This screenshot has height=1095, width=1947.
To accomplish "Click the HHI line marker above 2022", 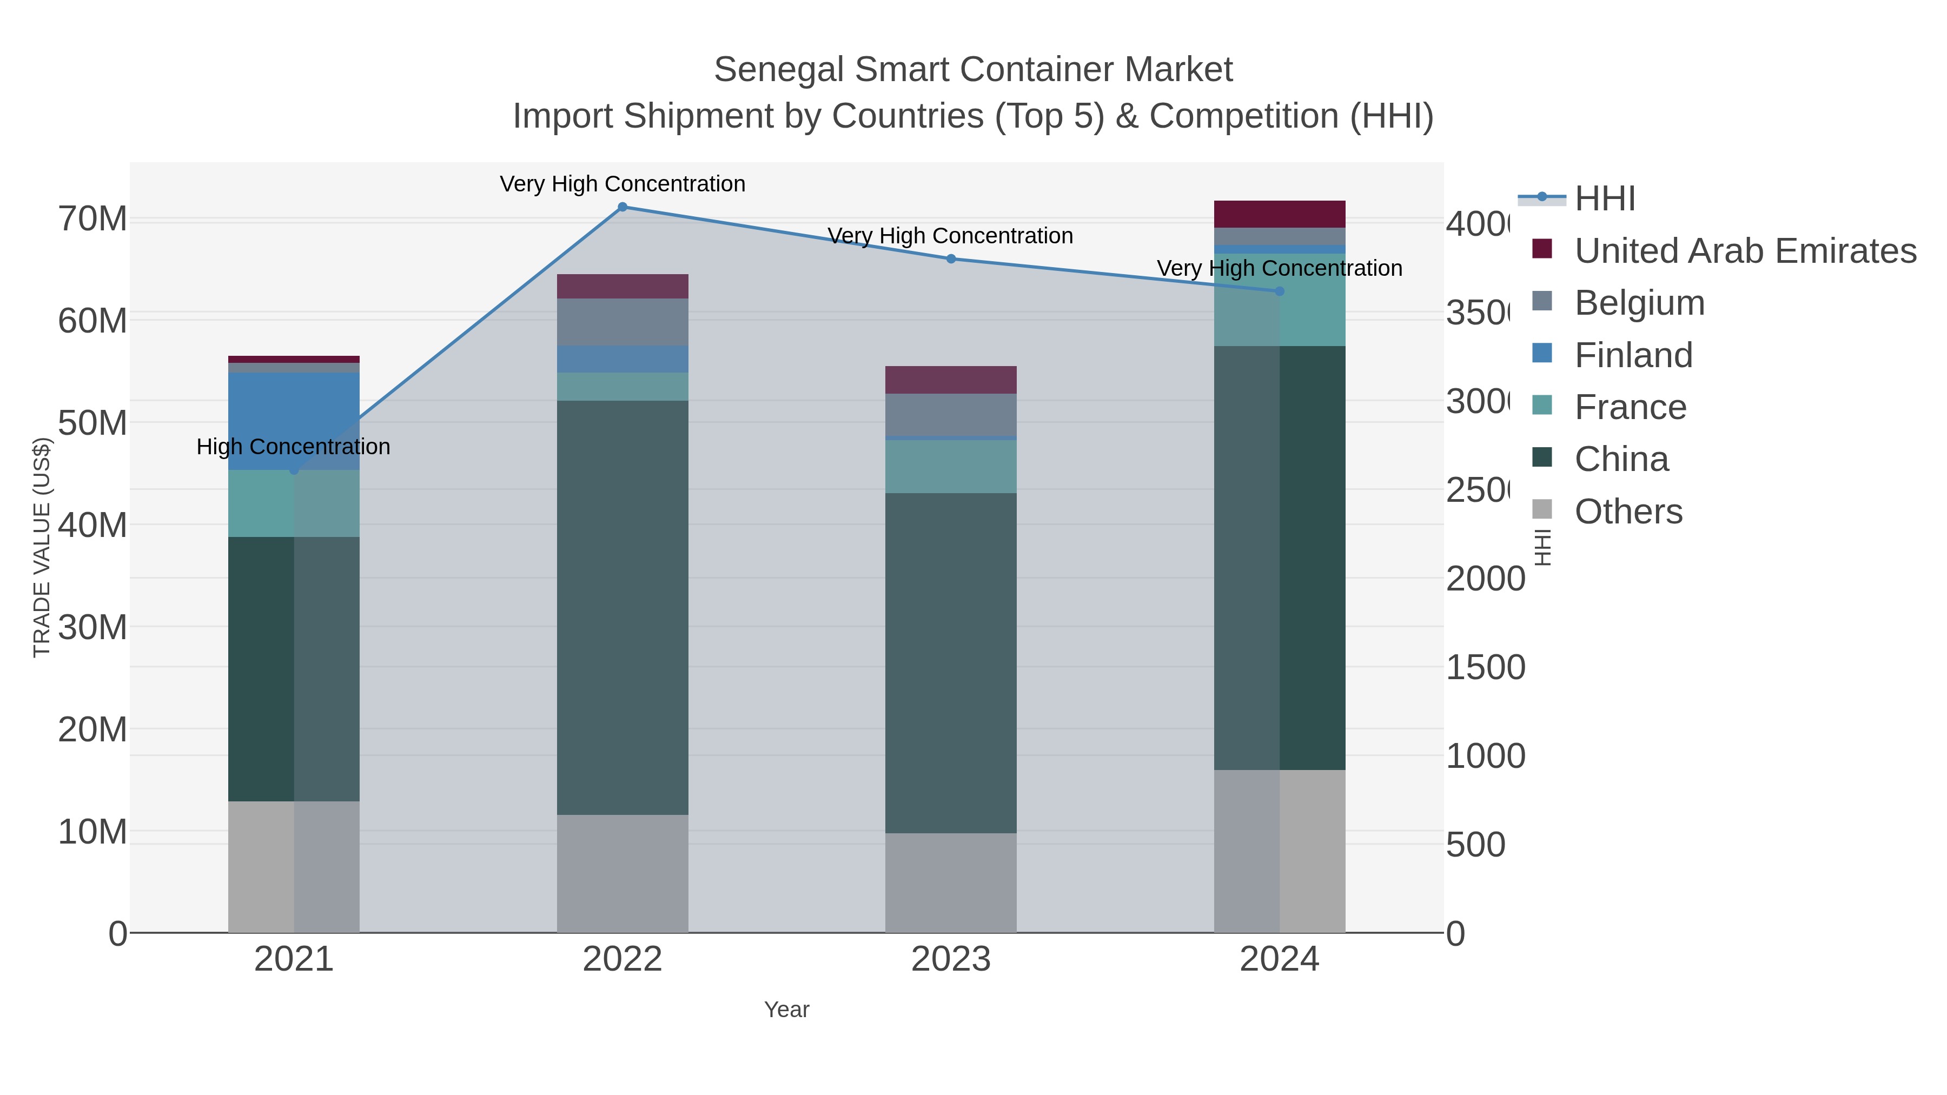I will pyautogui.click(x=622, y=207).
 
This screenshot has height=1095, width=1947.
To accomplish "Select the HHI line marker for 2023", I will pyautogui.click(x=951, y=258).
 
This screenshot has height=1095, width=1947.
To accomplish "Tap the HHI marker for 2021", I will pyautogui.click(x=294, y=470).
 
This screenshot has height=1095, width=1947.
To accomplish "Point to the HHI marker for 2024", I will pyautogui.click(x=1280, y=291).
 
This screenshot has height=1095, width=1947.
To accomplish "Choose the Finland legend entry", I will pyautogui.click(x=1633, y=355).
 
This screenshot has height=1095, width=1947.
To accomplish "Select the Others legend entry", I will pyautogui.click(x=1628, y=512).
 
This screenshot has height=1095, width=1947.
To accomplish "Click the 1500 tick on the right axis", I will pyautogui.click(x=1485, y=667).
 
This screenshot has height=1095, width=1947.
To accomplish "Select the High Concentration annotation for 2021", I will pyautogui.click(x=293, y=447).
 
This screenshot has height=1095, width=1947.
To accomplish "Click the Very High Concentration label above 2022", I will pyautogui.click(x=622, y=184).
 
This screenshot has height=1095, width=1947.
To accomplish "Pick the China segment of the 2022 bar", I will pyautogui.click(x=622, y=605).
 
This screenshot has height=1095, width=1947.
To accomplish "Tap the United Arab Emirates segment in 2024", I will pyautogui.click(x=1280, y=214).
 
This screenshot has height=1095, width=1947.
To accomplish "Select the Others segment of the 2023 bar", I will pyautogui.click(x=951, y=882).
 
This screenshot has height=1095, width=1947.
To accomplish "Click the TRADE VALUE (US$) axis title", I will pyautogui.click(x=42, y=547).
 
